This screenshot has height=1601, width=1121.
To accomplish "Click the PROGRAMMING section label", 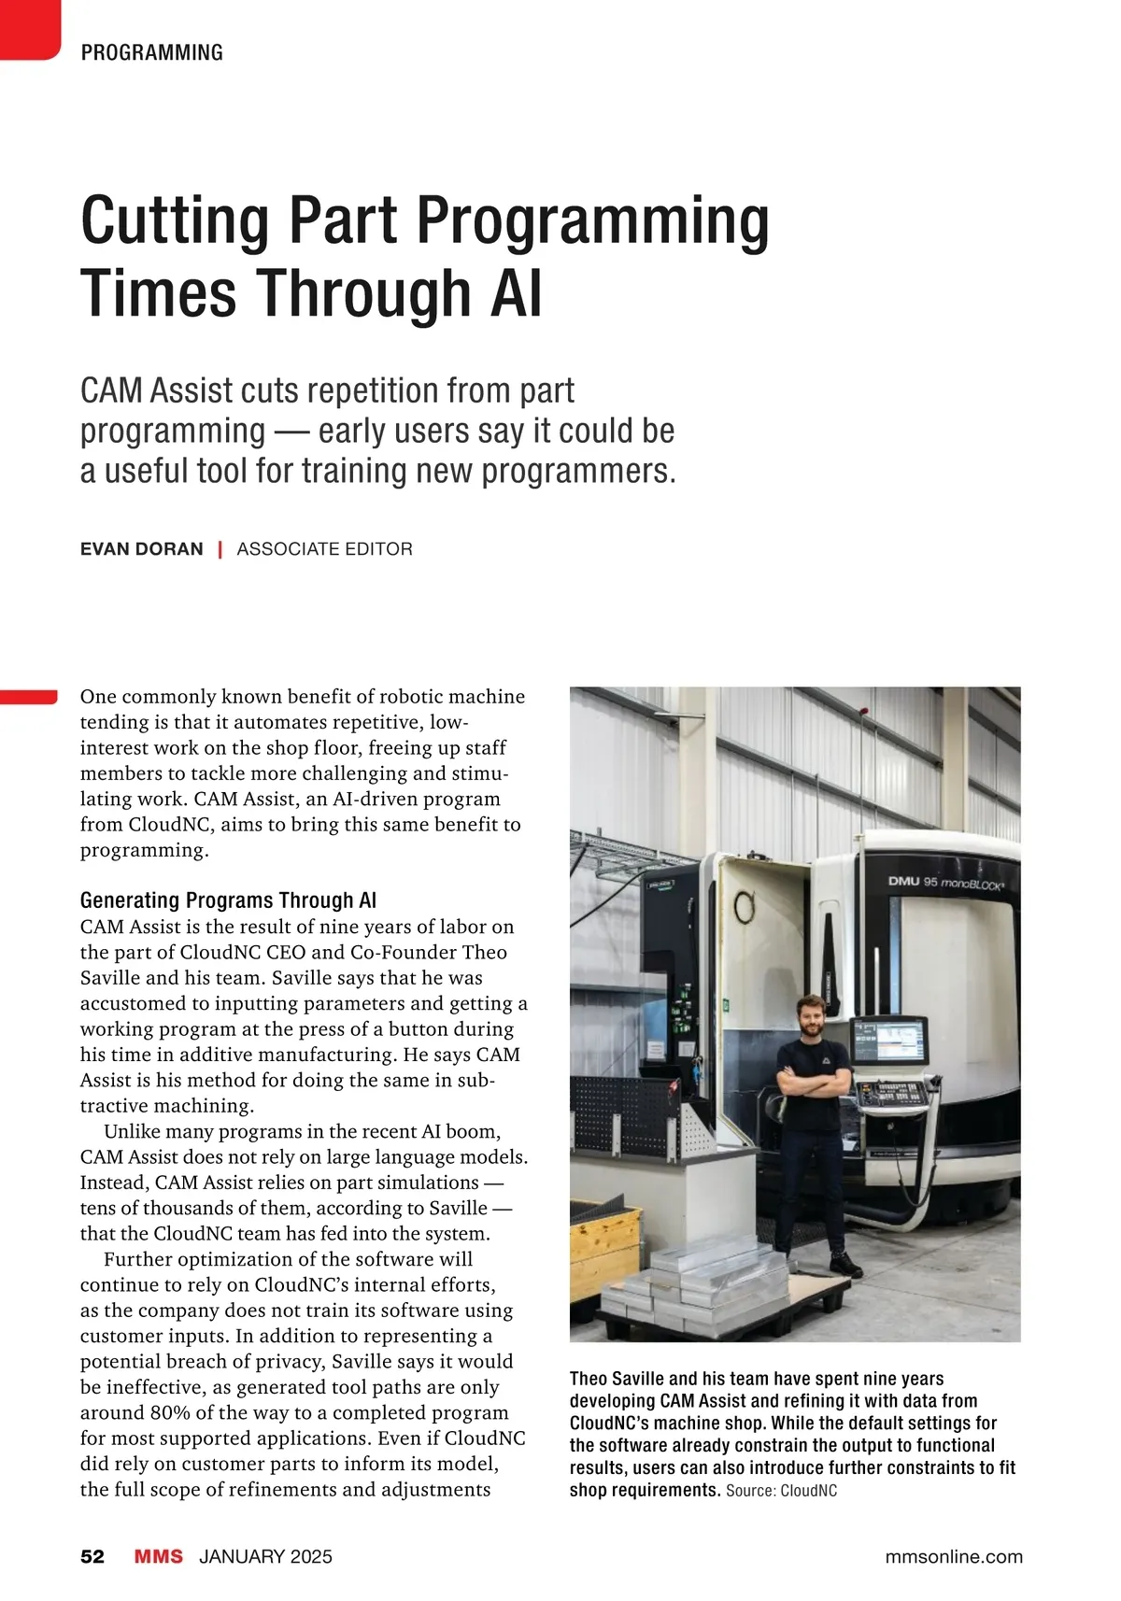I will click(151, 52).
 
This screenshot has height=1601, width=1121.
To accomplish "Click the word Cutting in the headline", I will click(175, 220).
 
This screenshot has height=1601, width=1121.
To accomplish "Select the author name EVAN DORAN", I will click(141, 549).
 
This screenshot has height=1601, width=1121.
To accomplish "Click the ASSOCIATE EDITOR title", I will click(324, 549).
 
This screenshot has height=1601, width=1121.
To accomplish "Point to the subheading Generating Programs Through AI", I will click(228, 900).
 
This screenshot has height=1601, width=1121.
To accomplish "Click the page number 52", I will click(92, 1556).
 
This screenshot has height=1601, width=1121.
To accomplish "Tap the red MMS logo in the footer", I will click(159, 1556).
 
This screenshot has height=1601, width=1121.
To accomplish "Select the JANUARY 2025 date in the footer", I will click(265, 1556).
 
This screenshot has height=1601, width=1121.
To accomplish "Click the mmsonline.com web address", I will click(953, 1556).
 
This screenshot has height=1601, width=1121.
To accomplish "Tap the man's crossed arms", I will click(814, 1083).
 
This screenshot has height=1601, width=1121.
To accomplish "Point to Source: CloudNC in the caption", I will click(781, 1491).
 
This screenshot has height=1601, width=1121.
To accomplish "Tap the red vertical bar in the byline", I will click(220, 549).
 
